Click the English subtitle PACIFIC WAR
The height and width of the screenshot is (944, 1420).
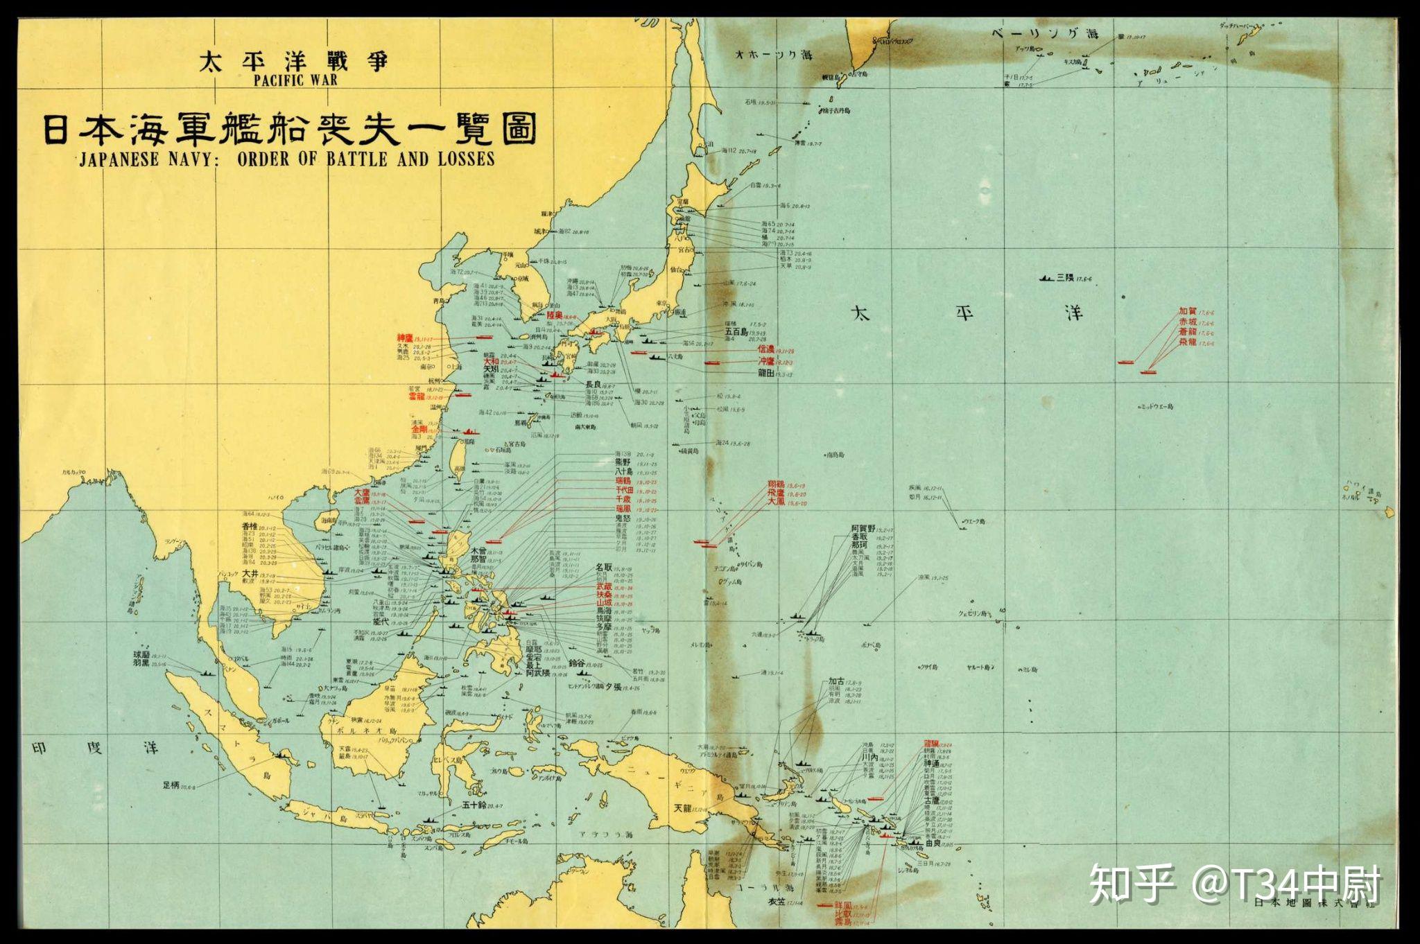click(x=295, y=79)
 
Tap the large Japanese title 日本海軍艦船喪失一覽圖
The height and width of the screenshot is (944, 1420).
click(x=290, y=128)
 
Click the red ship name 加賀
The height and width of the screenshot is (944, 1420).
click(x=1188, y=312)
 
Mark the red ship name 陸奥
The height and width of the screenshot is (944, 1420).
click(x=555, y=315)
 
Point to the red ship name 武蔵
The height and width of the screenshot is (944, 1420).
click(x=604, y=586)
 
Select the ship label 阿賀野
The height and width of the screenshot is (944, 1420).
click(x=864, y=529)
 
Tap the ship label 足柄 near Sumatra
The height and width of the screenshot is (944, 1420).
click(x=171, y=785)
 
